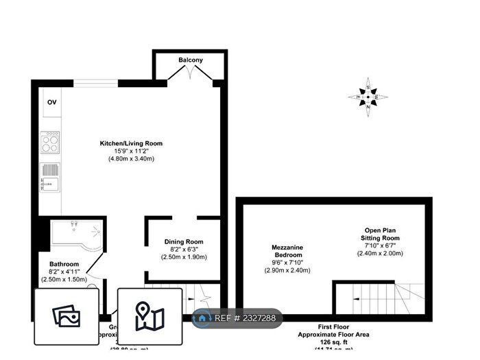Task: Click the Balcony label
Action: tap(191, 60)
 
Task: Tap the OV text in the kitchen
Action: tap(51, 102)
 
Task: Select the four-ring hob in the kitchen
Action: tap(50, 142)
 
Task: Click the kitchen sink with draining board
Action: tap(50, 176)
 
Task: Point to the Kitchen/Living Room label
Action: tap(131, 143)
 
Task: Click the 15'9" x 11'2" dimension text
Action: tap(131, 152)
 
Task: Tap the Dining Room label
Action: tap(184, 242)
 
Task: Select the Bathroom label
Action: tap(64, 264)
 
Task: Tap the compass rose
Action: tap(368, 97)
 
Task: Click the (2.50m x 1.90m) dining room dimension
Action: tap(184, 257)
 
